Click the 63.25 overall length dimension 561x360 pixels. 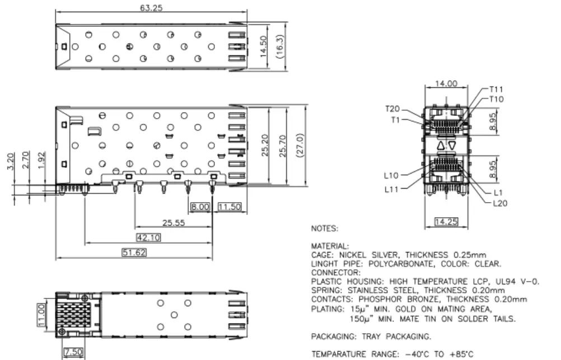(151, 7)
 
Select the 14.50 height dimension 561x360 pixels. (263, 46)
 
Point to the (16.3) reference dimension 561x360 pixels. (280, 46)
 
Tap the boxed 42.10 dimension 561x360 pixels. (148, 237)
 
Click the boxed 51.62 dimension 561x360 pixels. (134, 253)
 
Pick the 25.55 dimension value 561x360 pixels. (174, 223)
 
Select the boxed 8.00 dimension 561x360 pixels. (200, 207)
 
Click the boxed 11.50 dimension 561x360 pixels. (230, 207)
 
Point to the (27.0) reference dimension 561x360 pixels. (300, 144)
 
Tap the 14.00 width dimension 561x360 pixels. (446, 83)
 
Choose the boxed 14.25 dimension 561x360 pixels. (446, 222)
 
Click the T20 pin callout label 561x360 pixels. (392, 109)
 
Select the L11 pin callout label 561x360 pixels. (391, 189)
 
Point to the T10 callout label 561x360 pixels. (496, 99)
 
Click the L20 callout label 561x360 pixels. (500, 203)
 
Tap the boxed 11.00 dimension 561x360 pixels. (41, 315)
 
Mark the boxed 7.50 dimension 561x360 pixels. (74, 352)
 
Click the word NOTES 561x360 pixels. (325, 228)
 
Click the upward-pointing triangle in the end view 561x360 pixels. (441, 146)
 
